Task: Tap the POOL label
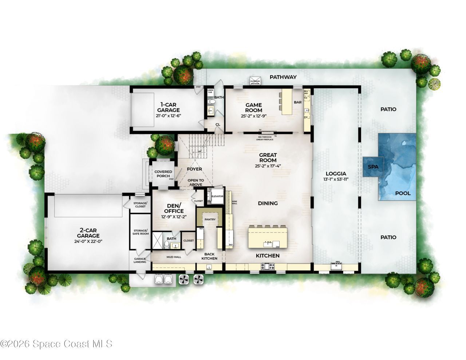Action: coord(403,193)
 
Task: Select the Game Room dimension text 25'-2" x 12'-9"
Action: coord(253,116)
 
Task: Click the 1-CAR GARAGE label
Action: coord(168,107)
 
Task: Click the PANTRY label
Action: coord(210,219)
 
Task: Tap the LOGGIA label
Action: coord(336,174)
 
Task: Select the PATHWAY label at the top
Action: coord(283,77)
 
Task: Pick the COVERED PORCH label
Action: coord(163,174)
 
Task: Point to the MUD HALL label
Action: coord(174,257)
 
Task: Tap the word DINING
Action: coord(268,203)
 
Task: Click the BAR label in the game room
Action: coord(297,103)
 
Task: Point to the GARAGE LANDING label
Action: coord(140,260)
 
